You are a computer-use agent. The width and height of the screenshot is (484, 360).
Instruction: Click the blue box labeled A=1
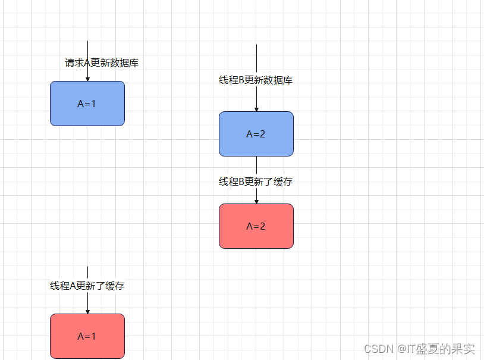pos(87,104)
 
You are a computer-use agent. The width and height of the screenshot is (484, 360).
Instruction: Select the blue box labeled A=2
pos(256,134)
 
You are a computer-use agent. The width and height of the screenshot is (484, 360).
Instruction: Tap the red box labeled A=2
pos(256,226)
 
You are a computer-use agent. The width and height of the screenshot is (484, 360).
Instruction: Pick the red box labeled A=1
pos(87,336)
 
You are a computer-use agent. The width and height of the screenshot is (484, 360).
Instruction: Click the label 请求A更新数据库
pos(102,63)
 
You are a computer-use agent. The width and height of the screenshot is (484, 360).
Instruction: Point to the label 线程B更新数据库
pos(256,80)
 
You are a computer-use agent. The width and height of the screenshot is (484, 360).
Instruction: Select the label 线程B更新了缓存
pos(256,182)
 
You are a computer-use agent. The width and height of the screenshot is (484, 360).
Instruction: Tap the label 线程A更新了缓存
pos(87,286)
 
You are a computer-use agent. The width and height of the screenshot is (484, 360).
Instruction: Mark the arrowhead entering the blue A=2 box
pos(256,109)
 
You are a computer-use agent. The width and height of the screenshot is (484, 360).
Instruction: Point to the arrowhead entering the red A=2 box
pos(256,201)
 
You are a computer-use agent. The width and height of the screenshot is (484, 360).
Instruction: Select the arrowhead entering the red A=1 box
pos(87,311)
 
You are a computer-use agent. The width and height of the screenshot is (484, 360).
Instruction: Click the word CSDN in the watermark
pos(376,349)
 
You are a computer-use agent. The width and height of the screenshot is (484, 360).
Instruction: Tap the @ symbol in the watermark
pos(402,349)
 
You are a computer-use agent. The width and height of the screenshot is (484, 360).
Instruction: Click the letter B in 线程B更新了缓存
pos(242,182)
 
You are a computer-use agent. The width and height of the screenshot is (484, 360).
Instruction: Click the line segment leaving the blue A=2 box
pos(256,165)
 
